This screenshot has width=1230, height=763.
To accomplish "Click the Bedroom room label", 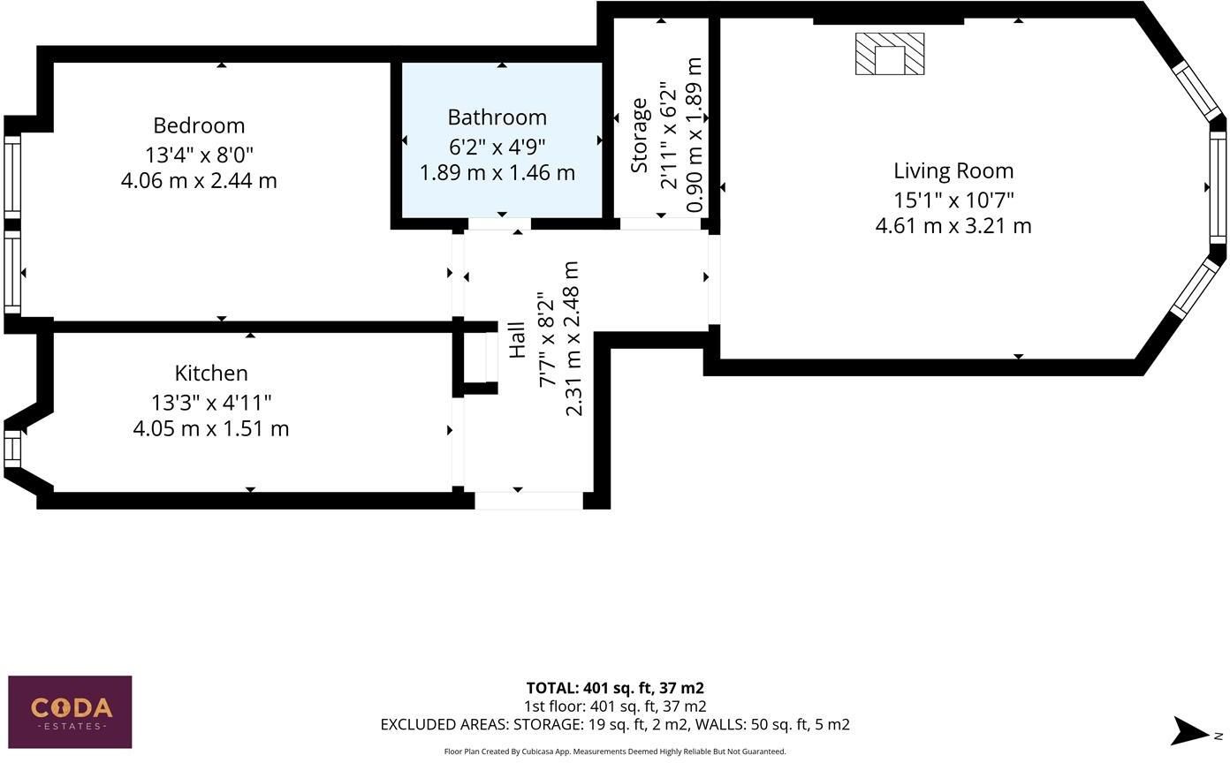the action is [x=199, y=125].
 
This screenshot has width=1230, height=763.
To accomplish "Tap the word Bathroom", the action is [x=497, y=117].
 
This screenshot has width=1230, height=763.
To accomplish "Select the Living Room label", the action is [x=953, y=170].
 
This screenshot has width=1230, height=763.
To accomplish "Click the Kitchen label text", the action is [x=211, y=374].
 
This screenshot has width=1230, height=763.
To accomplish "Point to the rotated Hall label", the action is [x=517, y=340].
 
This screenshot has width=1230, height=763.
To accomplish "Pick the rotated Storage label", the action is [x=639, y=136].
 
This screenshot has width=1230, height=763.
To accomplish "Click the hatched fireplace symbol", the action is [x=890, y=54].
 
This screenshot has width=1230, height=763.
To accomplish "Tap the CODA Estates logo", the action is [x=70, y=712].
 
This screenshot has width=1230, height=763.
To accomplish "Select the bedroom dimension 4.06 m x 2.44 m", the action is [x=199, y=181].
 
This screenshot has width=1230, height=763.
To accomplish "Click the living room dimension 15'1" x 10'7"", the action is [x=953, y=200].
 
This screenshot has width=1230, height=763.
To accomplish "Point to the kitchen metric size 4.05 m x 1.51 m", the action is [x=211, y=428].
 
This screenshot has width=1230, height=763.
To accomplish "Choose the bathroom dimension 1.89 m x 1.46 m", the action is [x=497, y=173].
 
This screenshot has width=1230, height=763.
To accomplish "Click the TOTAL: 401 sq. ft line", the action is [x=615, y=688].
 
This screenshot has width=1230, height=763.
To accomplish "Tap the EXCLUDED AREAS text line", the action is [x=615, y=724].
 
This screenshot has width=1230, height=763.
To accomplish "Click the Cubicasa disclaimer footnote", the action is [x=615, y=752].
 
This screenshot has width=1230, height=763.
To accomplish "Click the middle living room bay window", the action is [x=1218, y=187].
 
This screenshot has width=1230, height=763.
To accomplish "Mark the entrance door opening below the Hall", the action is [x=528, y=501].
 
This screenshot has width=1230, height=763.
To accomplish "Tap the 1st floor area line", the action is [x=615, y=706].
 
